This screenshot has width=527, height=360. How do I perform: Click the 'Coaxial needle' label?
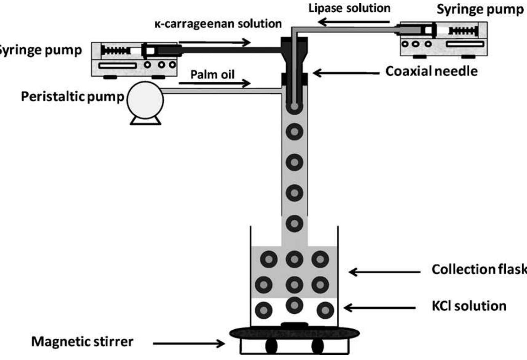tap(432, 71)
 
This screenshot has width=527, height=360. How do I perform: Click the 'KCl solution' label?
tap(468, 306)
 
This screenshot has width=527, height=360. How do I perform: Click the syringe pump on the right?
tap(443, 39)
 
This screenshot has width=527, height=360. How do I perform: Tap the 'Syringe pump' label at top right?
tap(480, 10)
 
